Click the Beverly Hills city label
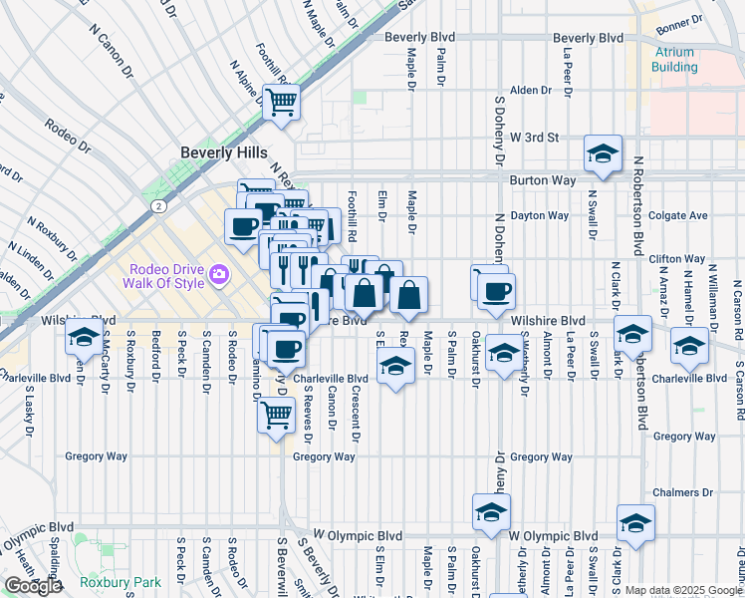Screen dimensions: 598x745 click(x=224, y=152)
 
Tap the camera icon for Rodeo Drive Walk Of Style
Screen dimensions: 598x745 click(x=217, y=273)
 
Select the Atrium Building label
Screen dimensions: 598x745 click(x=674, y=60)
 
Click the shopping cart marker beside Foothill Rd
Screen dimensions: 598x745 click(x=282, y=101)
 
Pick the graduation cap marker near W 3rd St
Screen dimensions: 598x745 click(x=603, y=153)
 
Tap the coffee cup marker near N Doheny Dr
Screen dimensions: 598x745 click(x=495, y=292)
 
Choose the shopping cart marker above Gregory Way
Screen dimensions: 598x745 click(x=276, y=413)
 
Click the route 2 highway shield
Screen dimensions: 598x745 click(x=158, y=205)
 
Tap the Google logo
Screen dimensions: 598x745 click(x=33, y=586)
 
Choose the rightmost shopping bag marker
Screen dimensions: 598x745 click(x=408, y=294)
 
